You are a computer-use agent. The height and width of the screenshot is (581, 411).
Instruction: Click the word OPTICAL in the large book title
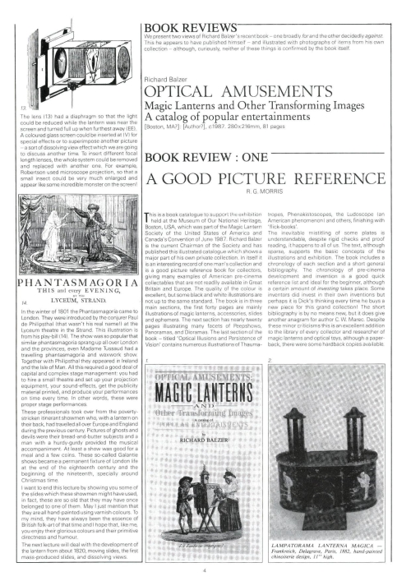(176, 92)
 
